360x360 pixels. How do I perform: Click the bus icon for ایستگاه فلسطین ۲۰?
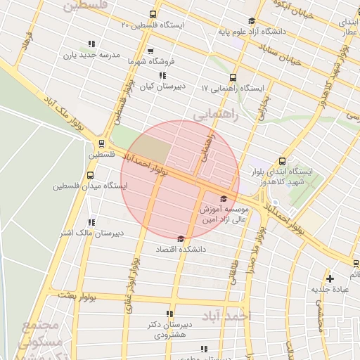(x=153, y=15)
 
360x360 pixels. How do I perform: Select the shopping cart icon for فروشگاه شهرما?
(x=151, y=51)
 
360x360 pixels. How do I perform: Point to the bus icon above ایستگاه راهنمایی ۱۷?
(x=233, y=78)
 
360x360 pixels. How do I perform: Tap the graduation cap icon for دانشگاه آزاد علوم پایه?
(x=252, y=20)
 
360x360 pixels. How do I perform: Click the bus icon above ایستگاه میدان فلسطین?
(x=90, y=175)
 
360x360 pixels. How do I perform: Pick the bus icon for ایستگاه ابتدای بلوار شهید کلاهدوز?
(x=283, y=161)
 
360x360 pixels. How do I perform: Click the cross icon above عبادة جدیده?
(x=330, y=278)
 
